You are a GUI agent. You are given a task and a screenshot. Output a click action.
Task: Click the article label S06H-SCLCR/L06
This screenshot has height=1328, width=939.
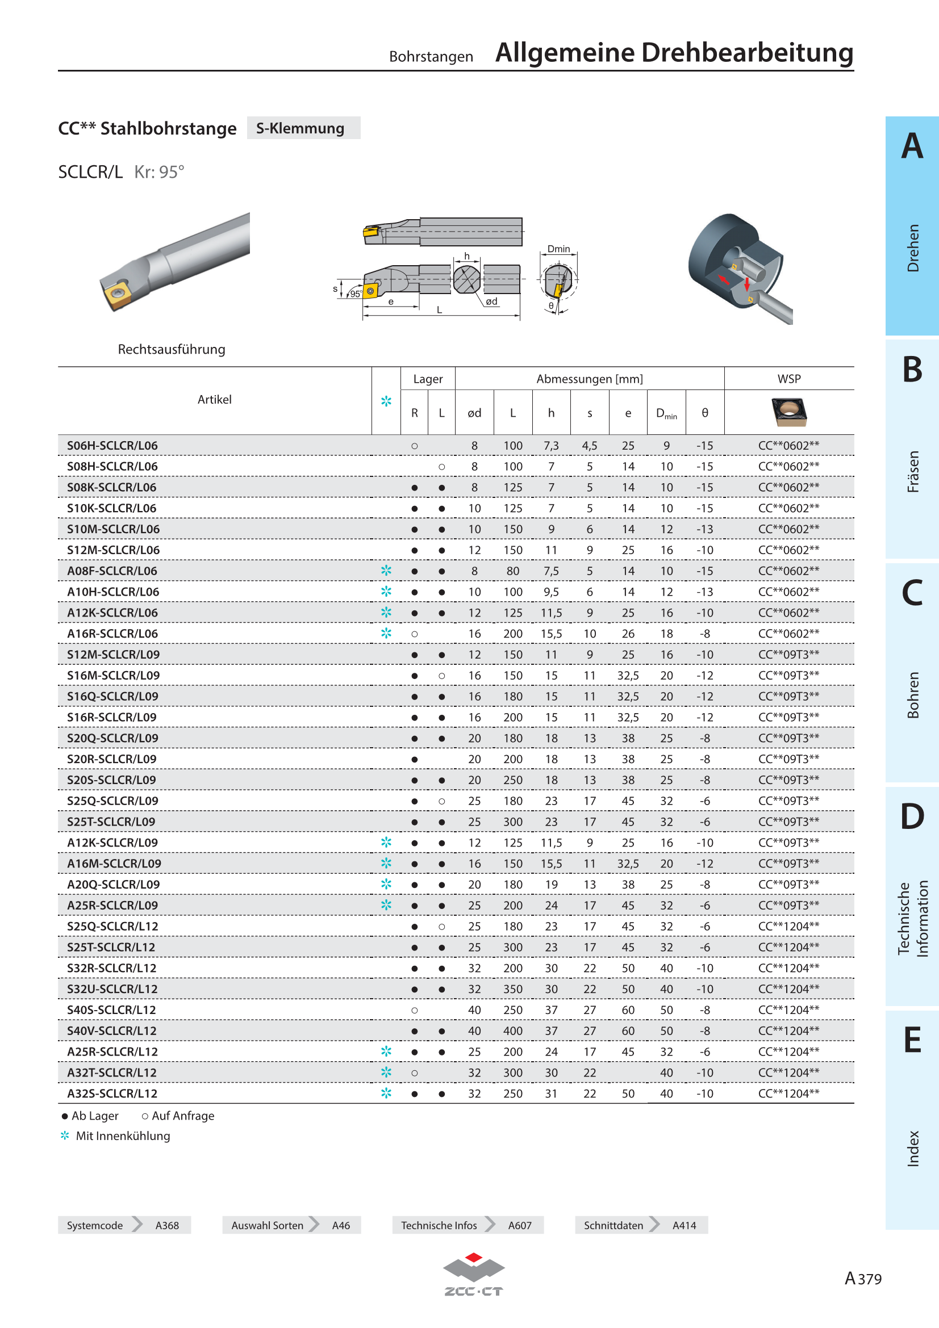point(112,445)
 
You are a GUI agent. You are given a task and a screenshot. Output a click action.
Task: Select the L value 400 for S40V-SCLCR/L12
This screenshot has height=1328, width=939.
point(512,1030)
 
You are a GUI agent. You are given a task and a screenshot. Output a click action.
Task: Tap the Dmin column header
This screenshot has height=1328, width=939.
point(666,413)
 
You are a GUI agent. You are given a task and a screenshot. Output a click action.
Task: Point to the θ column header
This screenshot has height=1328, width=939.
point(705,413)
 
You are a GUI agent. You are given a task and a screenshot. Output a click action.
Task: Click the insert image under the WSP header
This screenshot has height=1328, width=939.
point(789,412)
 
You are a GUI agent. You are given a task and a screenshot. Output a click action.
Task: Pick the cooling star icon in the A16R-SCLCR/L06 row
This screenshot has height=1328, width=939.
point(386,634)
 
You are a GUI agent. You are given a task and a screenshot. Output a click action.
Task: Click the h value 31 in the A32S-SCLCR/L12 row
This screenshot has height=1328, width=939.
point(551,1094)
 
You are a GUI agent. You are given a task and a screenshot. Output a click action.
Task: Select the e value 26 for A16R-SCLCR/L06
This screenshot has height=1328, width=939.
point(628,634)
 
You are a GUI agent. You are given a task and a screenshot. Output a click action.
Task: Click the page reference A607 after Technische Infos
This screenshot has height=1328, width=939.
point(520,1225)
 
